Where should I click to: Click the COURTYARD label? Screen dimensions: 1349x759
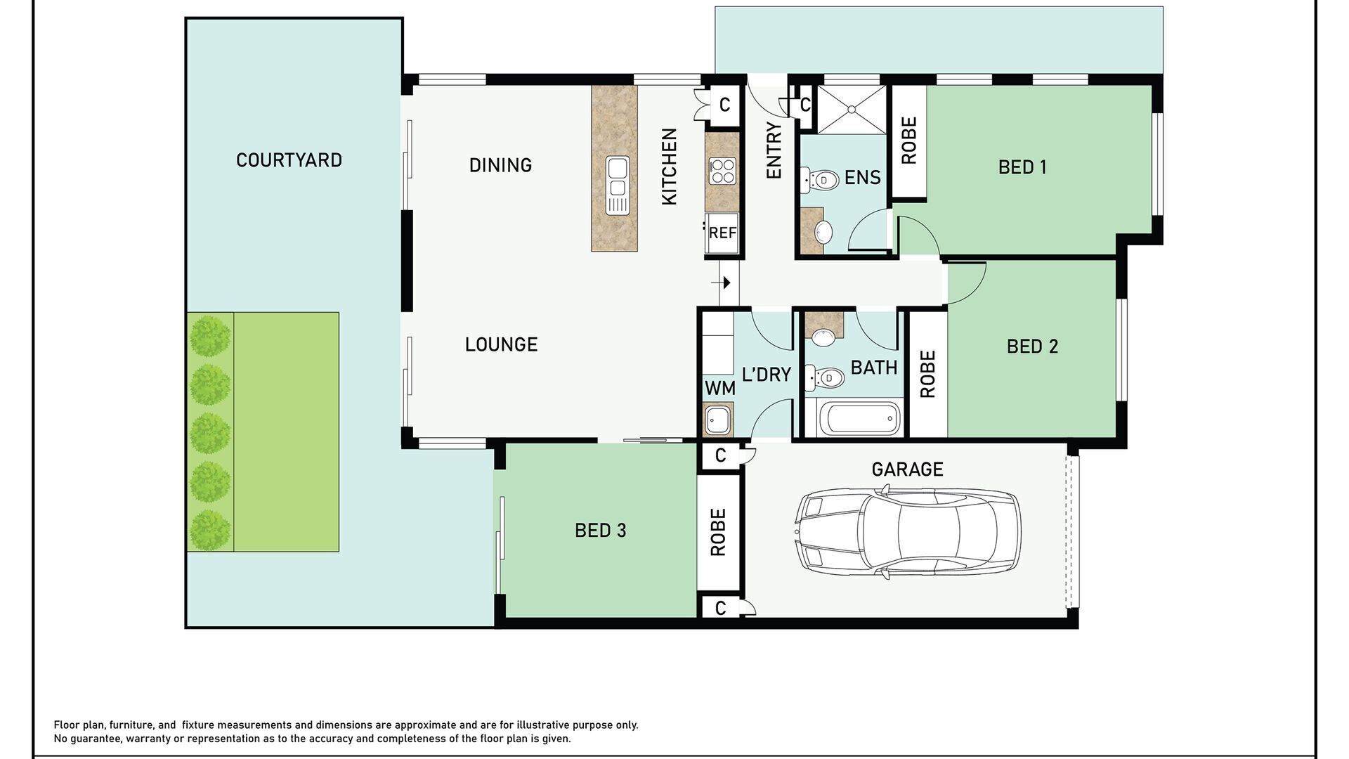coord(289,160)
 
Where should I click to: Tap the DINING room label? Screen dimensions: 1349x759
coord(500,165)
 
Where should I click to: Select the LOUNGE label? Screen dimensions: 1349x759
coord(501,344)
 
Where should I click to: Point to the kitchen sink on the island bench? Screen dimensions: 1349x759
coord(618,186)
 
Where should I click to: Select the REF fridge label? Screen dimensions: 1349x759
coord(722,233)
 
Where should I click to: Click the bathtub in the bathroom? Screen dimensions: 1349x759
coord(864,419)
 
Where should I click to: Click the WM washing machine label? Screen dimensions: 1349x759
coord(719,388)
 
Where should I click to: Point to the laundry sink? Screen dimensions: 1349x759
coord(718,420)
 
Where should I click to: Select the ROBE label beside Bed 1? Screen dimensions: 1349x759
coord(908,141)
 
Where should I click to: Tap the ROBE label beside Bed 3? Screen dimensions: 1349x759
coord(717,532)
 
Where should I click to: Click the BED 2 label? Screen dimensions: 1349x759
coord(1032,346)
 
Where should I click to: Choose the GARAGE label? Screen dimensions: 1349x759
coord(907,469)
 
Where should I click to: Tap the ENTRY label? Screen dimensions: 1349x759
coord(774,150)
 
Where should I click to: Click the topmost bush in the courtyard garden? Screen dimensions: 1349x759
coord(210,336)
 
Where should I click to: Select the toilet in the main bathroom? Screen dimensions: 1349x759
coord(823,378)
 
